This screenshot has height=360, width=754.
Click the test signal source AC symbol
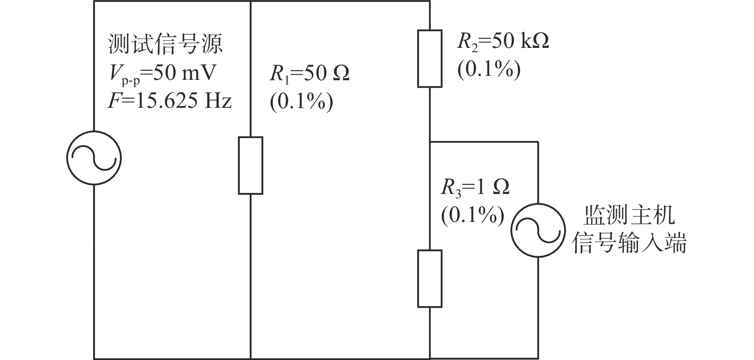[94, 158]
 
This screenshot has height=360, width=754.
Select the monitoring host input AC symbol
[538, 230]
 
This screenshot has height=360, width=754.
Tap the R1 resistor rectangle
[251, 165]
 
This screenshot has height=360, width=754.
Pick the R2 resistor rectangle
[430, 58]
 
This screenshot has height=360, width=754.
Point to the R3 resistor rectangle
[430, 279]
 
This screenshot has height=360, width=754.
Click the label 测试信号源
[165, 44]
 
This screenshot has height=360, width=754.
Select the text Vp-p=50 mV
[162, 73]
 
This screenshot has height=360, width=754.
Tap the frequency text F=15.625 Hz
[170, 101]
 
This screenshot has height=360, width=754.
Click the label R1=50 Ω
[310, 73]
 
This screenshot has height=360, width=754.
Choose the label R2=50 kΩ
[503, 42]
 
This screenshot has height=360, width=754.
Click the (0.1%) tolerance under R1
[302, 102]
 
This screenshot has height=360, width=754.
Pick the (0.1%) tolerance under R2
[489, 70]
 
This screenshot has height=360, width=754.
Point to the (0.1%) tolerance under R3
[473, 216]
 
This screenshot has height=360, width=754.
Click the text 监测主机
[630, 215]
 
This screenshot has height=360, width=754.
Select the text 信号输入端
[629, 242]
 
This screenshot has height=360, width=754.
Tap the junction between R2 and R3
[430, 142]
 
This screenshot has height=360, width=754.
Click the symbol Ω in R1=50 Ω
[341, 74]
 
